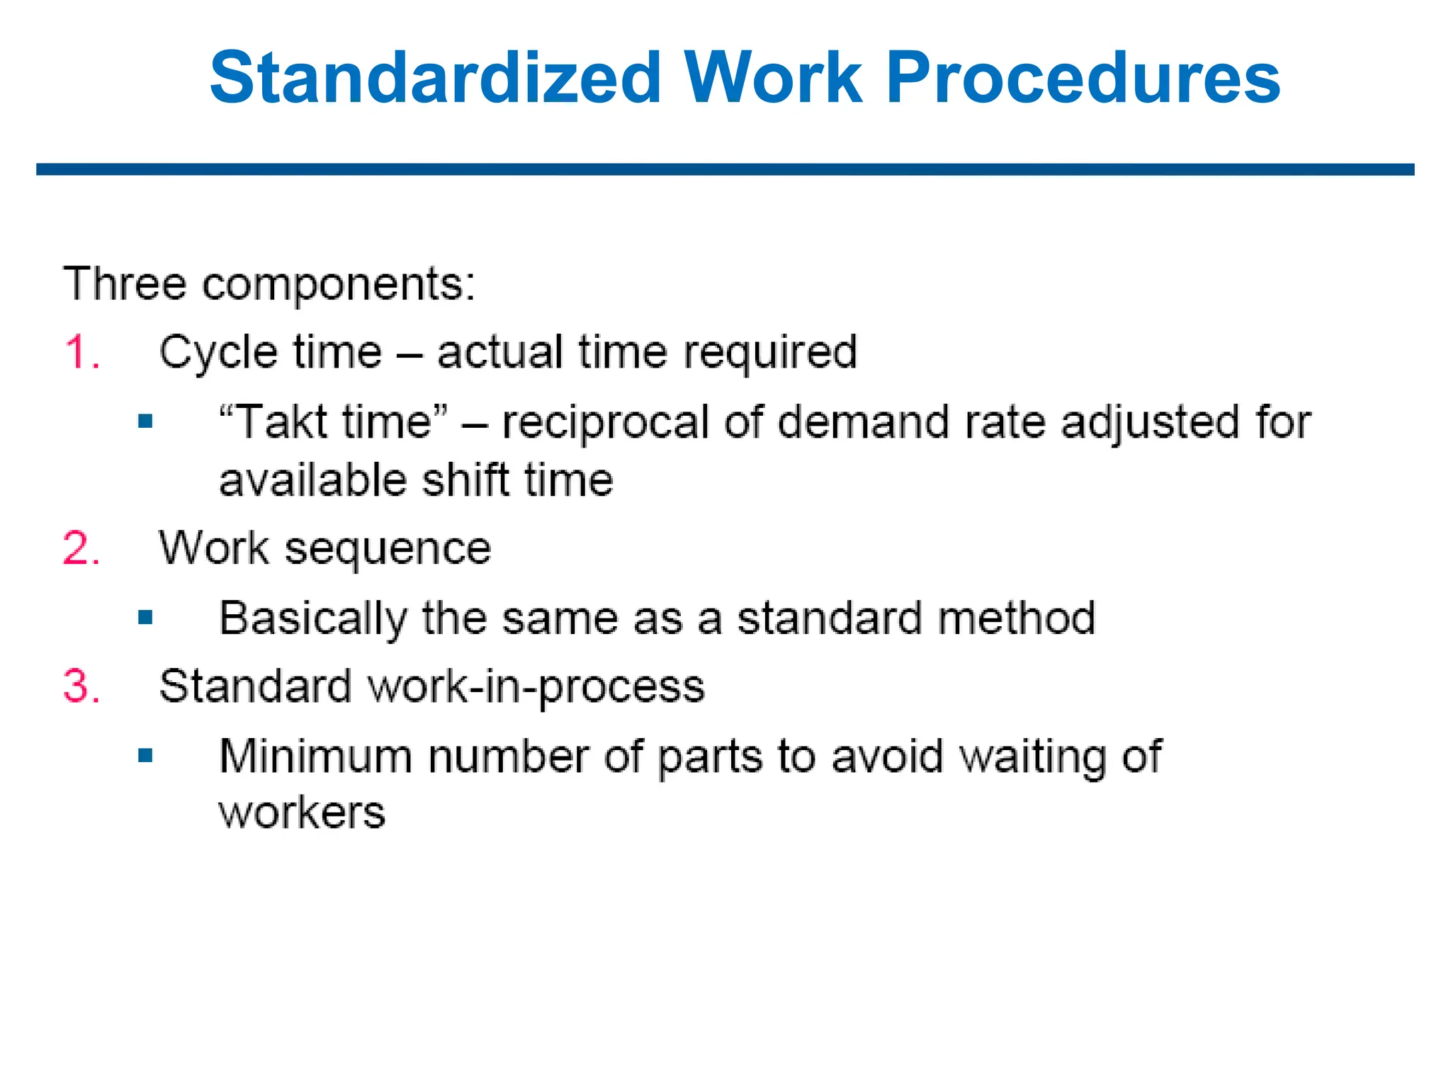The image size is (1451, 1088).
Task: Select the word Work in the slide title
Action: [773, 78]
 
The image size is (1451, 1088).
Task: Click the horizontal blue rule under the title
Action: [725, 170]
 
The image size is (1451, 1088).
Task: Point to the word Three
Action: [125, 283]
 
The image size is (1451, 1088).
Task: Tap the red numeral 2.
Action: [81, 548]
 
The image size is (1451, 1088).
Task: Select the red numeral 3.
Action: [81, 686]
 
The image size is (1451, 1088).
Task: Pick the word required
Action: [770, 352]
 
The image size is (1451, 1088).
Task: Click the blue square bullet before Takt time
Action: [146, 422]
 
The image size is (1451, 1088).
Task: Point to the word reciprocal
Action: [606, 422]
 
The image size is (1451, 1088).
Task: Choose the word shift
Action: [465, 480]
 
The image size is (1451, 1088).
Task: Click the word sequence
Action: [388, 549]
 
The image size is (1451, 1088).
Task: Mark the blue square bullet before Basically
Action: [146, 617]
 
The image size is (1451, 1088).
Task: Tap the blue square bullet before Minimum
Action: [146, 755]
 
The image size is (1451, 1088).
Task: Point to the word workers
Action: [302, 812]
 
